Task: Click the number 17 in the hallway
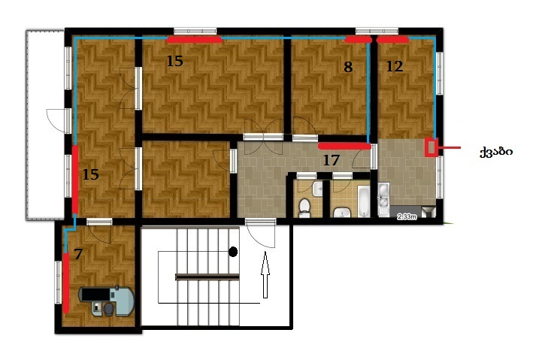click(332, 160)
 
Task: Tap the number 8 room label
click(348, 67)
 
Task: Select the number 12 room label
click(395, 66)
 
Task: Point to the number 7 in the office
click(78, 254)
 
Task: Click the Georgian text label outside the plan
click(496, 152)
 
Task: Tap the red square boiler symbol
click(432, 147)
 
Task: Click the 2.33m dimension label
click(407, 216)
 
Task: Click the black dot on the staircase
click(233, 252)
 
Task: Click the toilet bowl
click(304, 208)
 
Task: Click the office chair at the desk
click(108, 309)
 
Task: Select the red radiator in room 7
click(65, 283)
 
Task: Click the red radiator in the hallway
click(344, 147)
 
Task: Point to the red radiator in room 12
click(392, 40)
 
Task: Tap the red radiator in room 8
click(358, 40)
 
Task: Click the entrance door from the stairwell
click(260, 234)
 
